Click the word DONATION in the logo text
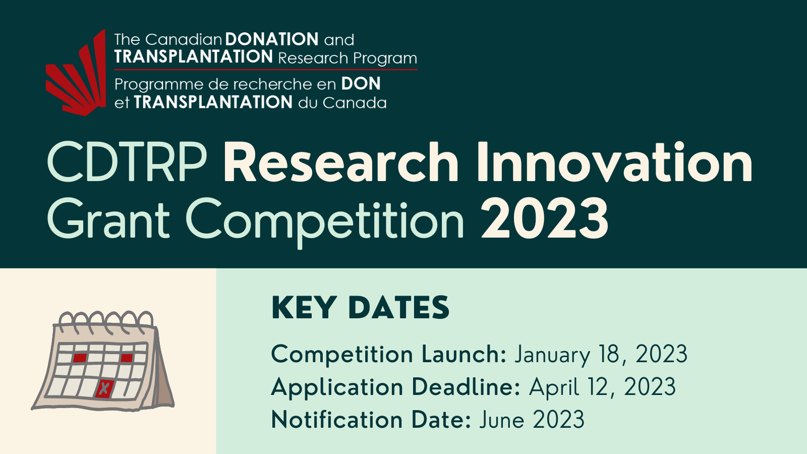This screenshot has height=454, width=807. (272, 39)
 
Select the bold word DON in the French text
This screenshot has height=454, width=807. (361, 84)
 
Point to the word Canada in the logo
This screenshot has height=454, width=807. (355, 103)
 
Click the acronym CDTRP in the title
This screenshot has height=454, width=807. (127, 162)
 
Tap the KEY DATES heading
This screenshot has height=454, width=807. (360, 307)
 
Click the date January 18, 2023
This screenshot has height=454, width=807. (601, 355)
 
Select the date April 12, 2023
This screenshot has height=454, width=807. (602, 387)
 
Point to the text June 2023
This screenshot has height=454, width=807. (532, 419)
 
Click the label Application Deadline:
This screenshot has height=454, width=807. (396, 388)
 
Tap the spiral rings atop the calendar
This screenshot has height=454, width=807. (106, 319)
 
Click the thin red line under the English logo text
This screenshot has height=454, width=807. (266, 69)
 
